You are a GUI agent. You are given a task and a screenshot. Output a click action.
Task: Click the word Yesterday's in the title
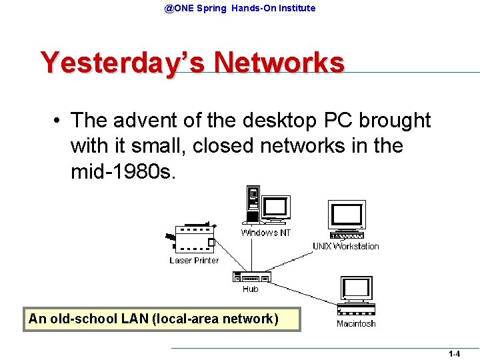pos(123,63)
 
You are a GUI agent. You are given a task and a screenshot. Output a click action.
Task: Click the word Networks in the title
pos(279,63)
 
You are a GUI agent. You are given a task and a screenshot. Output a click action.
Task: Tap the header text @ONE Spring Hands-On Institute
pos(240,8)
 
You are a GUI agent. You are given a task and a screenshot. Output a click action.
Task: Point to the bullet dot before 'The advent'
pos(59,121)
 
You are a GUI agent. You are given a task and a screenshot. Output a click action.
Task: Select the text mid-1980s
pos(124,171)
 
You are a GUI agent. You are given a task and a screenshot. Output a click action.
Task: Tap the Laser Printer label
pos(193,261)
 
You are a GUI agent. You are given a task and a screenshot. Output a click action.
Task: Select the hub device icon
pos(251,277)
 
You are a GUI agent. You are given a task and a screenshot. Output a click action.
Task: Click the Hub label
pos(251,289)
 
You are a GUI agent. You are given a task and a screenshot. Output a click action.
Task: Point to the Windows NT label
pos(265,233)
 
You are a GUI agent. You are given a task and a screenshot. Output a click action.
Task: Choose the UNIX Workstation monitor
pos(347,216)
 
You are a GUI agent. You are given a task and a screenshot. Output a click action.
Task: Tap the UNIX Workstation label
pos(345,247)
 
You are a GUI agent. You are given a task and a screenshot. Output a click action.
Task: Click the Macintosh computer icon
pos(356,295)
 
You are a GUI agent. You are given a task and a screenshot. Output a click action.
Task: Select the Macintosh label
pos(356,324)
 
